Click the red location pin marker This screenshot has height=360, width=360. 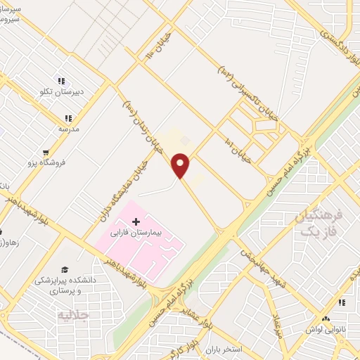point(181,166)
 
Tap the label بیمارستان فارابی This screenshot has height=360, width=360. point(136,231)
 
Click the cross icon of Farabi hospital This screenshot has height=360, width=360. point(136,221)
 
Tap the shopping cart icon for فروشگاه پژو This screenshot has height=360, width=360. point(46,152)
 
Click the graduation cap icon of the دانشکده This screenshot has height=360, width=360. point(65,269)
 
